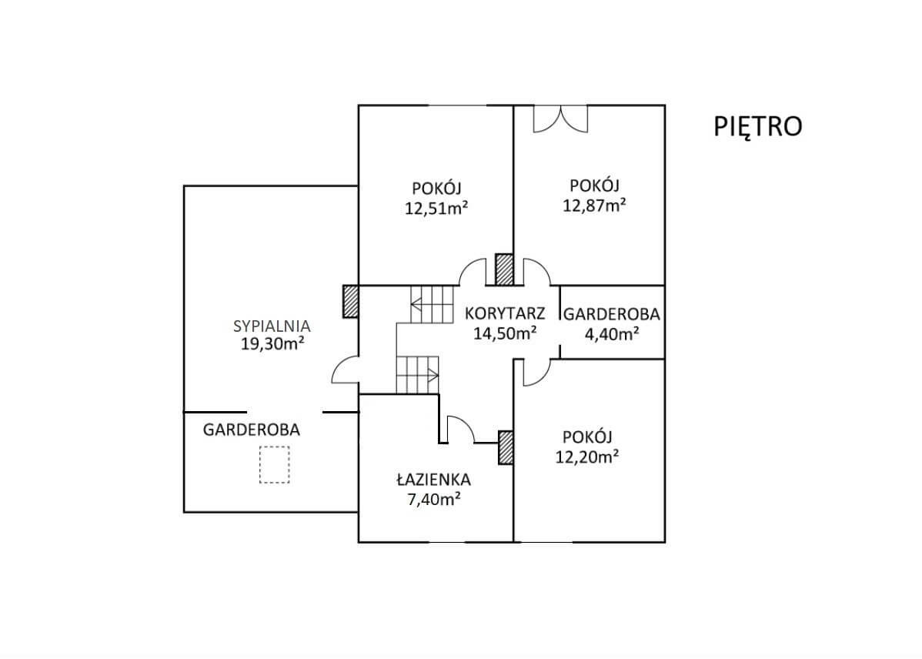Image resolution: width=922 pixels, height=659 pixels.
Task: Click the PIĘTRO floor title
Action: tap(758, 126)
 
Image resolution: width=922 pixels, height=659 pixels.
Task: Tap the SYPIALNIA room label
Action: tap(272, 326)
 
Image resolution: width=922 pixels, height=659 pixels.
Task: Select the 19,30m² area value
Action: tap(272, 344)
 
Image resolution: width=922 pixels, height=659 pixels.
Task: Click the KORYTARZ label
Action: tap(505, 313)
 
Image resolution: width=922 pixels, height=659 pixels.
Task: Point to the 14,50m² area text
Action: tap(505, 333)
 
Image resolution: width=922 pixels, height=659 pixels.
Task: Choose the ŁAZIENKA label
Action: tap(433, 479)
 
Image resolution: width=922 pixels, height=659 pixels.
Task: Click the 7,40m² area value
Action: tap(433, 500)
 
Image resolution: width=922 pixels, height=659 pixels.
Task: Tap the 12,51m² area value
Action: tap(436, 209)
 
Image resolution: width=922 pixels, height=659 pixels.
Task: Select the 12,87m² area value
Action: tap(594, 206)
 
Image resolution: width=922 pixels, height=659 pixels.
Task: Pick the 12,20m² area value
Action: tap(587, 457)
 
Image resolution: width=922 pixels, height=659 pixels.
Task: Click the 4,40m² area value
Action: tap(612, 334)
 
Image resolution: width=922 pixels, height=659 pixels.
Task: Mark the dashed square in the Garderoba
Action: tap(275, 465)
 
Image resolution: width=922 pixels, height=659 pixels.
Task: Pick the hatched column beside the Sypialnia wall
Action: tap(351, 302)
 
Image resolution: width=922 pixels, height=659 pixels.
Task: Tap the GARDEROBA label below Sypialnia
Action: tap(252, 430)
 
